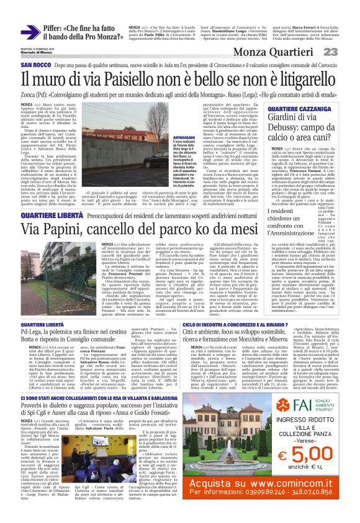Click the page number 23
click(346, 52)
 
